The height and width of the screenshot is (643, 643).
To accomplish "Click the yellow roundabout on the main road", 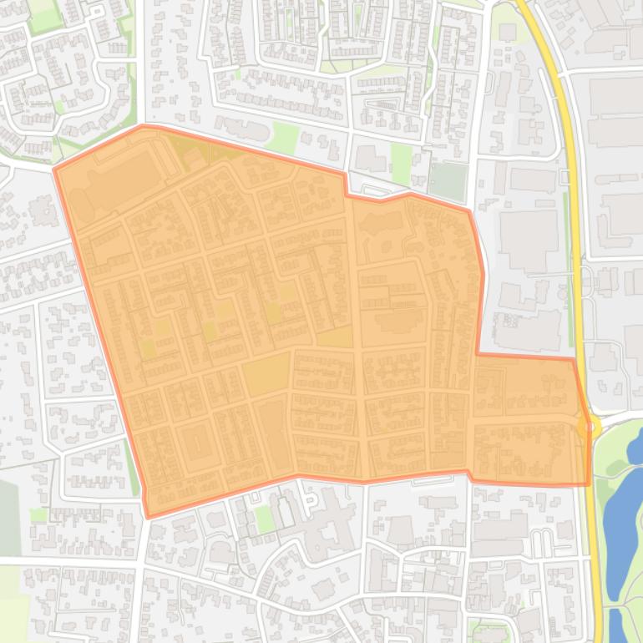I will click(x=587, y=428).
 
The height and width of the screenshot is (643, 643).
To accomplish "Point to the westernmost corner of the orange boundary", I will click(x=55, y=170).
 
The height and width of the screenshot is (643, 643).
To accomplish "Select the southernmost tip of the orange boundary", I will click(x=148, y=517).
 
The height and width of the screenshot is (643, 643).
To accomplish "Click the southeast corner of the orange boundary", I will click(x=589, y=484).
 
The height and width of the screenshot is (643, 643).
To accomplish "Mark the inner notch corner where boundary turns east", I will click(x=477, y=355).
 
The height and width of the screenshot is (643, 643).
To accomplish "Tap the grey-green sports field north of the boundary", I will click(x=448, y=180).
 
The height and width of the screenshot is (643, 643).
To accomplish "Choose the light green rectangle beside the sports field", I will click(x=401, y=162).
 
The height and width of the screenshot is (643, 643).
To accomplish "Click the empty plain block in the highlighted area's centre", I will click(x=266, y=377).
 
